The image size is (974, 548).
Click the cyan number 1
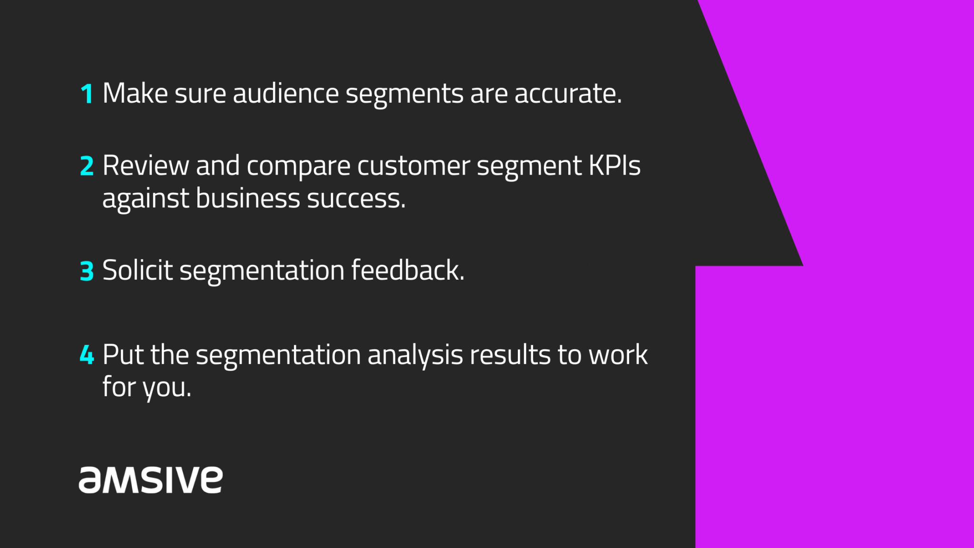pos(87,94)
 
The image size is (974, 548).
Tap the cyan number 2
pos(87,166)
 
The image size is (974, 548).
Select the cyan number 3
pos(87,271)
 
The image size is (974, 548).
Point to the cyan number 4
pos(87,355)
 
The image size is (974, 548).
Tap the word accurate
pos(568,94)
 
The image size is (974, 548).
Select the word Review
pos(146,166)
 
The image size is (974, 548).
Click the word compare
pos(298,166)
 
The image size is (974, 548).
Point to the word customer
pos(413,166)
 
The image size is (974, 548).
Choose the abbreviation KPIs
pos(614,166)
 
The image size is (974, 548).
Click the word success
pos(356,199)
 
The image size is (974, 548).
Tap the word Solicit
pos(137,270)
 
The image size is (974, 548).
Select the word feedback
pos(408,270)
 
